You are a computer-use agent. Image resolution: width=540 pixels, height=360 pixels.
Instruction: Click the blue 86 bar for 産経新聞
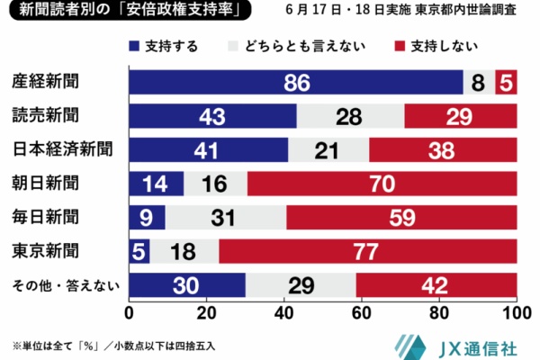click(296, 83)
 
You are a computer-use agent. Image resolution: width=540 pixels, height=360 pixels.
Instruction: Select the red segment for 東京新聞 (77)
click(367, 251)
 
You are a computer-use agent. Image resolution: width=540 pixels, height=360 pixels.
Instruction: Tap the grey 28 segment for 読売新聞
click(350, 116)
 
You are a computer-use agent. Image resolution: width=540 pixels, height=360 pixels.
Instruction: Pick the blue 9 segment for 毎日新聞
click(147, 217)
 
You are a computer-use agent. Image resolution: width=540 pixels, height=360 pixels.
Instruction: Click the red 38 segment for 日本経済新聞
click(442, 149)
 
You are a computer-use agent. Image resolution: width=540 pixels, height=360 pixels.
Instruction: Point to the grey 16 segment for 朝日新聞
click(215, 184)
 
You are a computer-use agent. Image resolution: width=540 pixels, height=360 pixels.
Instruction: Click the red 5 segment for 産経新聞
click(507, 83)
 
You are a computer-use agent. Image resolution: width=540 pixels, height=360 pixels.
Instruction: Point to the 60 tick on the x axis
click(362, 314)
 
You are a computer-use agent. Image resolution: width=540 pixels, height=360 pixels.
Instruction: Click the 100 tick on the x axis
click(516, 314)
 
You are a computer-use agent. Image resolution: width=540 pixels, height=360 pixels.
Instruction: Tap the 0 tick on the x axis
click(130, 314)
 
